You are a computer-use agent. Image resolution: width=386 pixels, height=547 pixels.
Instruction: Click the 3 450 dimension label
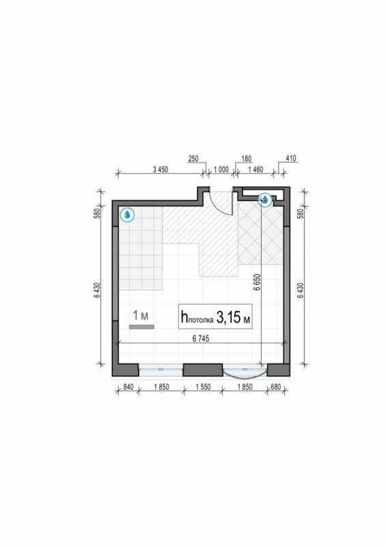161,170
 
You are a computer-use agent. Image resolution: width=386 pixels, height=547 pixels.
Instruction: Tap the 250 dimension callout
193,159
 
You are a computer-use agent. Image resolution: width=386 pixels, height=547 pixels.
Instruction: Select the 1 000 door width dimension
221,170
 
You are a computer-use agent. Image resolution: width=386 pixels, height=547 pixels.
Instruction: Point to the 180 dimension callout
246,159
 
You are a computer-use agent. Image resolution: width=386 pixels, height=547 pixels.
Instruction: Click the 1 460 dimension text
256,170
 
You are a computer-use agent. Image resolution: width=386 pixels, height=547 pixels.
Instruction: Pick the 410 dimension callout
291,159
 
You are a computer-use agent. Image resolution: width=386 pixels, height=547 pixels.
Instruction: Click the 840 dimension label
128,387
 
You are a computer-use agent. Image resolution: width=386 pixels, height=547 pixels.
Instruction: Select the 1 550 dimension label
203,387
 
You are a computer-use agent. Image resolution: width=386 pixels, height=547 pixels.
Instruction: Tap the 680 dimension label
275,387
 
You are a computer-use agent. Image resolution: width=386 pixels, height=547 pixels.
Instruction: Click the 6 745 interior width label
201,338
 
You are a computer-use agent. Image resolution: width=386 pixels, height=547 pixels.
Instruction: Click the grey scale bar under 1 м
141,327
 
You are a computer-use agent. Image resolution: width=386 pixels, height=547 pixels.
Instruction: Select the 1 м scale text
141,315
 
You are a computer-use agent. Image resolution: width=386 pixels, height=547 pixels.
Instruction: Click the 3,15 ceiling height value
228,317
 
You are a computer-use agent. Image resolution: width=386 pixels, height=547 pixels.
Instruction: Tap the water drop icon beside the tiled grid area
127,215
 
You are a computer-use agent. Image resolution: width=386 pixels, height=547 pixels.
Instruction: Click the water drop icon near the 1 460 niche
265,200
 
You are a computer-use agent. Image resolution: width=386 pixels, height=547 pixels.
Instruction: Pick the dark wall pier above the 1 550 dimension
203,370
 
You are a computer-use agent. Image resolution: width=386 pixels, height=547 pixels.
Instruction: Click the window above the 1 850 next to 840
161,370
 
